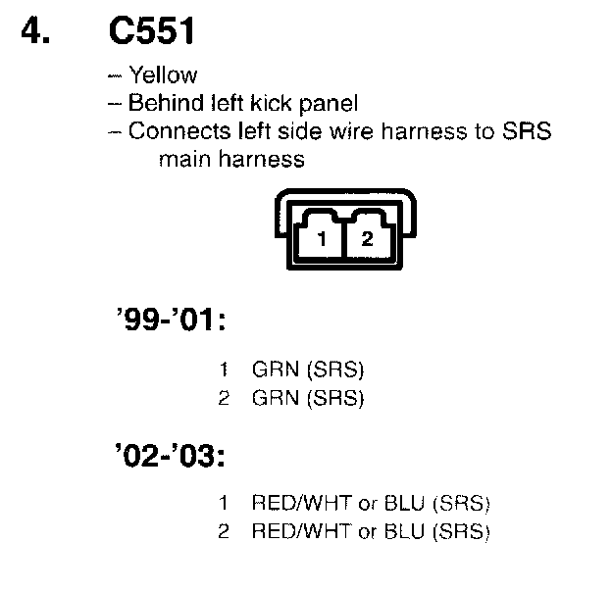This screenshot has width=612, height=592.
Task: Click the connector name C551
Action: [154, 32]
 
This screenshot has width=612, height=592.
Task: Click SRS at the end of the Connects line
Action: [529, 130]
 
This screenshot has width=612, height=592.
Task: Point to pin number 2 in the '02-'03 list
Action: [225, 532]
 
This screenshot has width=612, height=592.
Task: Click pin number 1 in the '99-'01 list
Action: [225, 371]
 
